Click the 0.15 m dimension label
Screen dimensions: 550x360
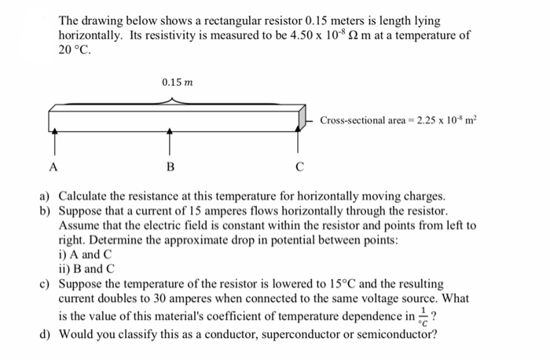tap(177, 82)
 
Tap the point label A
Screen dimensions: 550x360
tap(53, 166)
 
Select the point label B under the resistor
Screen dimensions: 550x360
tap(170, 166)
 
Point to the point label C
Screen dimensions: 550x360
tap(299, 166)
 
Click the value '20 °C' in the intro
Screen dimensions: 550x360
tap(75, 50)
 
